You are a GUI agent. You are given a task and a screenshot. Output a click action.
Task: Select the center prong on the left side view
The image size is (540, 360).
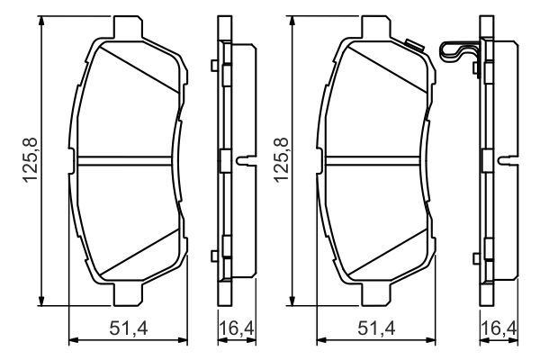click(x=242, y=161)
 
